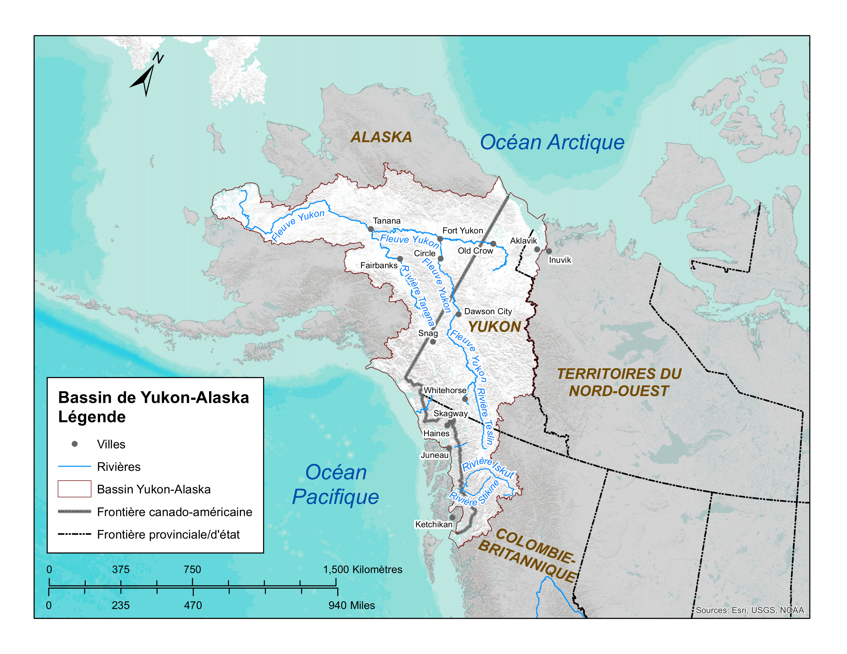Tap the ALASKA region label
pyautogui.click(x=381, y=137)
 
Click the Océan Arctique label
pyautogui.click(x=552, y=142)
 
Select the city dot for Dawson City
pyautogui.click(x=459, y=314)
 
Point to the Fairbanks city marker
pyautogui.click(x=400, y=259)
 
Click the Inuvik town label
pyautogui.click(x=560, y=260)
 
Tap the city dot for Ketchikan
pyautogui.click(x=452, y=517)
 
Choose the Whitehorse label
pyautogui.click(x=445, y=390)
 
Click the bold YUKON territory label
pyautogui.click(x=494, y=327)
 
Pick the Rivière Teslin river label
pyautogui.click(x=484, y=417)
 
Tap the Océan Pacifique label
pyautogui.click(x=335, y=484)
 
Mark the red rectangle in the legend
pyautogui.click(x=74, y=489)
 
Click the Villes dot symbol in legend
pyautogui.click(x=75, y=444)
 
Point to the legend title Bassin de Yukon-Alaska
pyautogui.click(x=153, y=397)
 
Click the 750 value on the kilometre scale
pyautogui.click(x=192, y=569)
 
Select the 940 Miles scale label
pyautogui.click(x=352, y=606)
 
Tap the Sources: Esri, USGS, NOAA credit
pyautogui.click(x=749, y=610)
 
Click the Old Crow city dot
pyautogui.click(x=493, y=244)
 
